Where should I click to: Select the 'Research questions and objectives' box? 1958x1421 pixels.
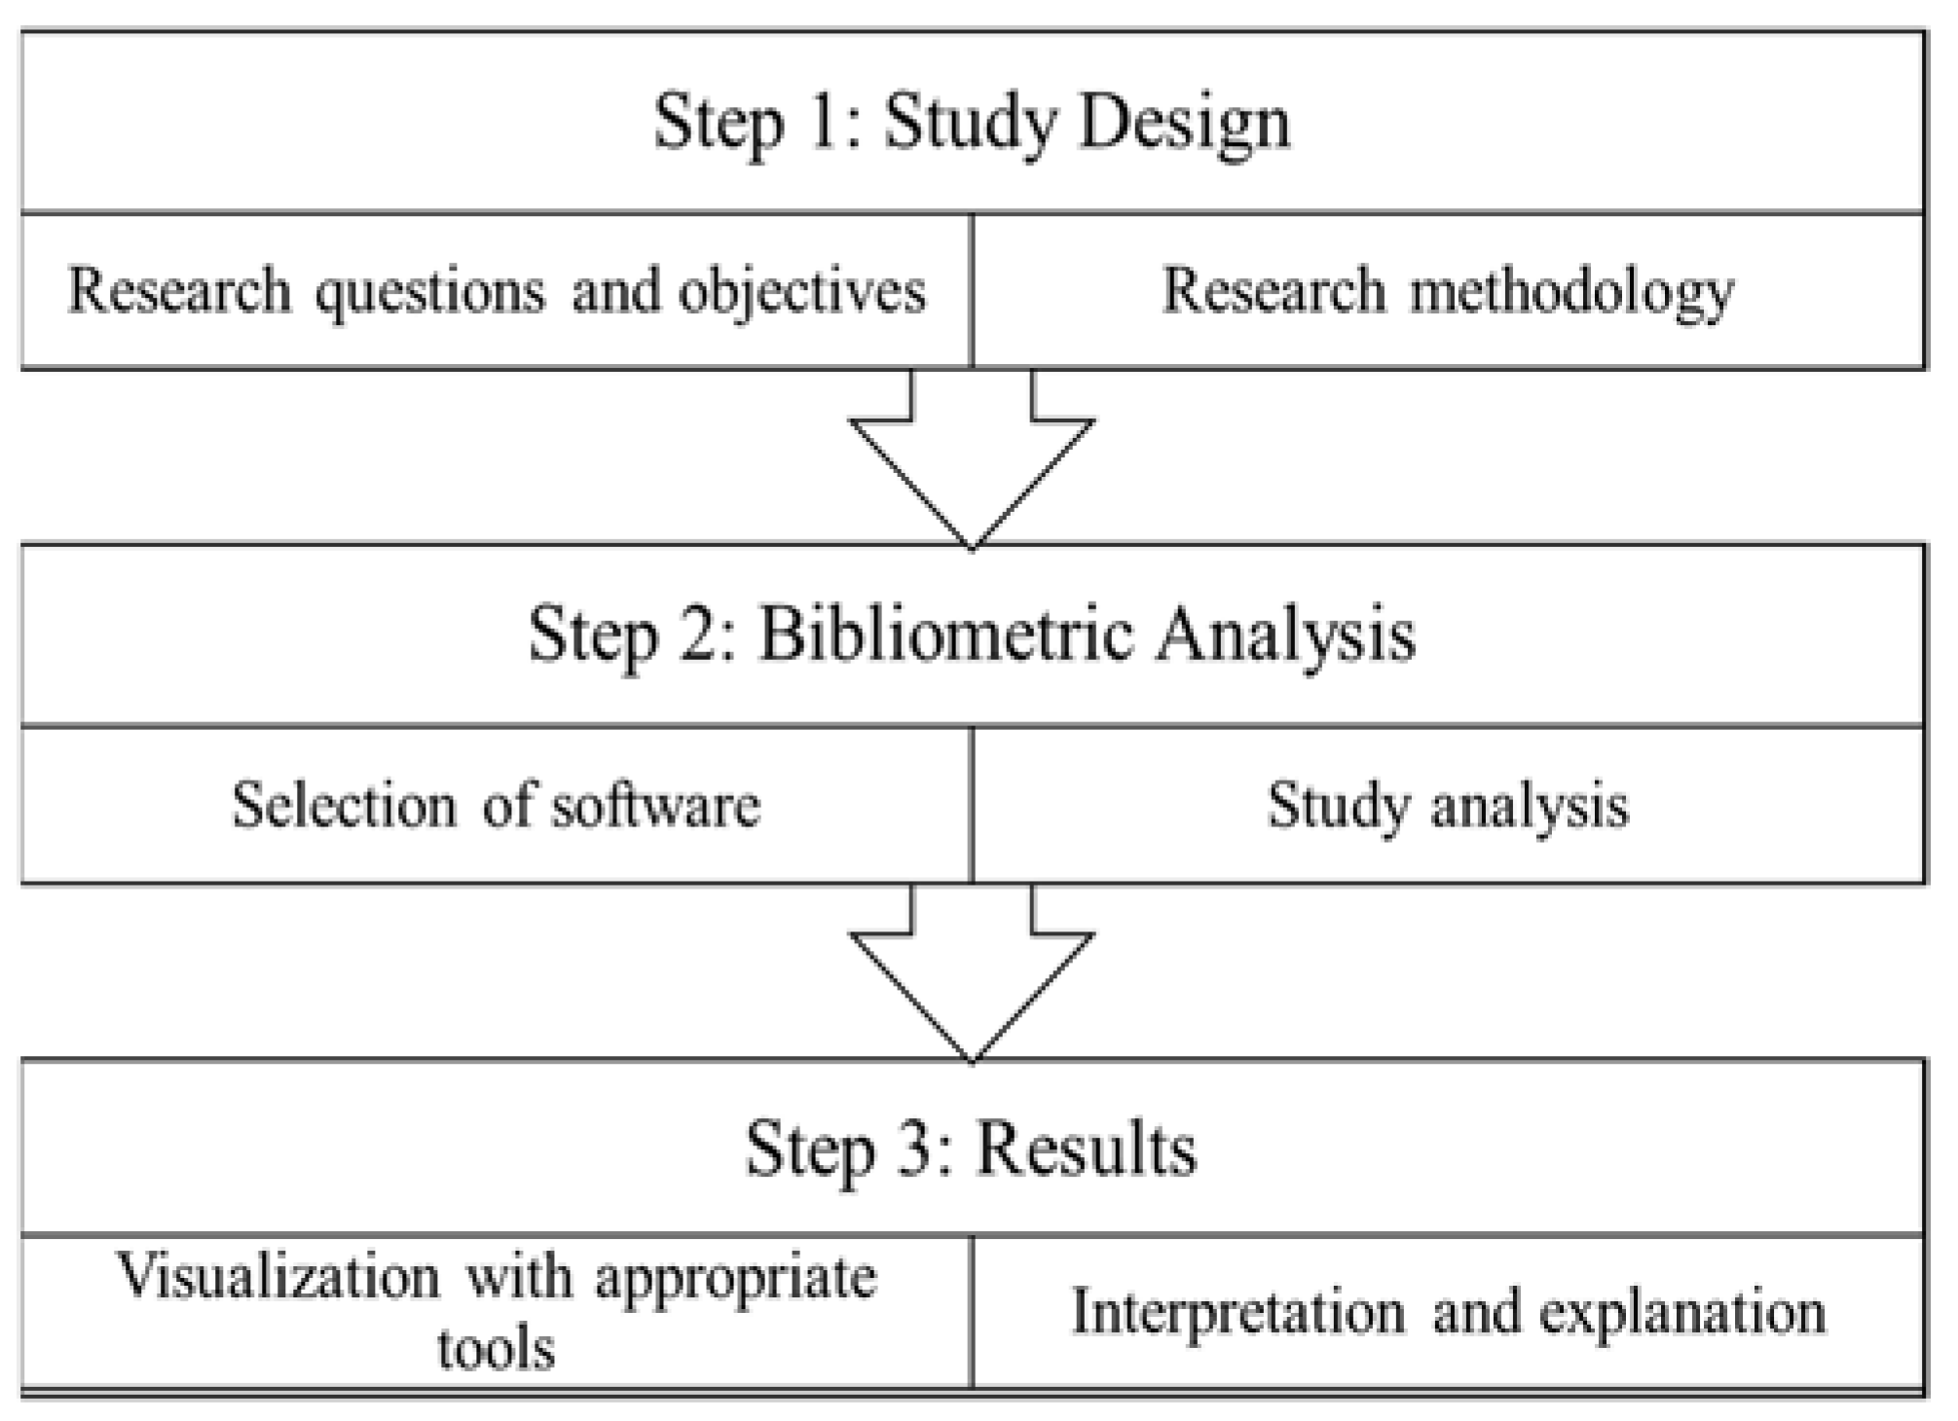[497, 291]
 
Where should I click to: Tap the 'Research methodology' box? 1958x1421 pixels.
[1448, 291]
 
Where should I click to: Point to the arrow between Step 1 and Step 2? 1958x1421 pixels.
[972, 457]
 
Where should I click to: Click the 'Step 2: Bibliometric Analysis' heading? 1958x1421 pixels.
[972, 636]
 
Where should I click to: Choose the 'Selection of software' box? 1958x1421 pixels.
[497, 806]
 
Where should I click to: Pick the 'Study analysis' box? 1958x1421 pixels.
[1448, 806]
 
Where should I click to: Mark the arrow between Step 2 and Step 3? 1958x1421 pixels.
[972, 973]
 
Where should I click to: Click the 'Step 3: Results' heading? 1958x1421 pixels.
[972, 1149]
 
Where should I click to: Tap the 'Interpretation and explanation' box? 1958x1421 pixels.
[1448, 1311]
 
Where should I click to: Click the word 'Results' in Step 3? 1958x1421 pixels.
[1086, 1149]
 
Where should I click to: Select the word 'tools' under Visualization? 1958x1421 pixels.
[496, 1349]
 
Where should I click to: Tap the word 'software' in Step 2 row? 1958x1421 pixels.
[654, 806]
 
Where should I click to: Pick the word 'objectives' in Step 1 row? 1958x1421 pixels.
[801, 291]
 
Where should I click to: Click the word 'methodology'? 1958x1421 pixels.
[1571, 291]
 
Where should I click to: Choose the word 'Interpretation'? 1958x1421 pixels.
[1238, 1311]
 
